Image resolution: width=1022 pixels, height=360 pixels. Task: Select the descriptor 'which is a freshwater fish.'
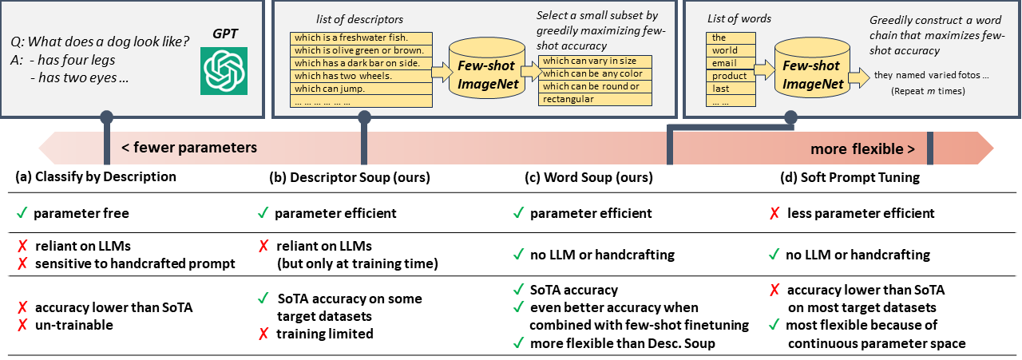coord(360,38)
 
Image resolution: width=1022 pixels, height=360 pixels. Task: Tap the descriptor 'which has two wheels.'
coord(360,76)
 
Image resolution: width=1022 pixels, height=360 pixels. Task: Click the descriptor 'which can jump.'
coord(360,89)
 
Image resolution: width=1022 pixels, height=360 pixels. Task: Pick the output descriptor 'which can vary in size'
coord(594,61)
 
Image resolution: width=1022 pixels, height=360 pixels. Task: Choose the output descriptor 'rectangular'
coord(594,99)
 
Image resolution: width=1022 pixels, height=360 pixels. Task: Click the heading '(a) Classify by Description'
coord(97,177)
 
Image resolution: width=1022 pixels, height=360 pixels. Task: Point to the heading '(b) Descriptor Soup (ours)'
coord(350,177)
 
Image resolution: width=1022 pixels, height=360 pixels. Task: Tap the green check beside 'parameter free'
coord(21,213)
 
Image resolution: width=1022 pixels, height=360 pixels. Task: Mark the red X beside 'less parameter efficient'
coord(773,213)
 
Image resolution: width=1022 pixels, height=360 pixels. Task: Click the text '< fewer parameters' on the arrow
coord(189,148)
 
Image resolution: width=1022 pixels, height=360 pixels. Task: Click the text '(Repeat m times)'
coord(927,92)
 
